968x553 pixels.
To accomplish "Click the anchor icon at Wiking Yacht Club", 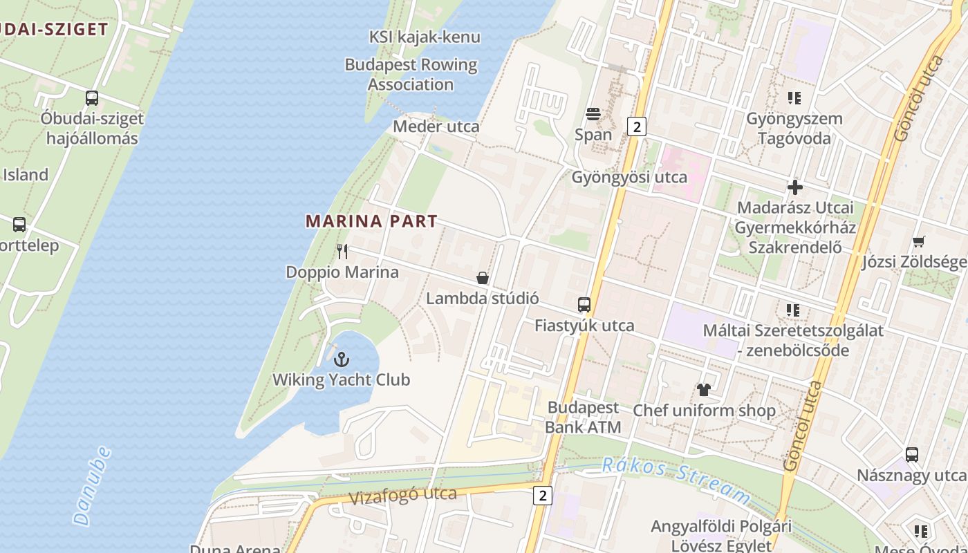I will (341, 359).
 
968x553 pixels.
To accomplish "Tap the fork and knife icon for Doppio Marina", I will (342, 251).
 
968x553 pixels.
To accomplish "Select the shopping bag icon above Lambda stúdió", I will (483, 278).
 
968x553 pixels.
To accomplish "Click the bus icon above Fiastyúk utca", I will (584, 304).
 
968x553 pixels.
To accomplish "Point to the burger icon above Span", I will (593, 113).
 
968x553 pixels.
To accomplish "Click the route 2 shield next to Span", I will (636, 126).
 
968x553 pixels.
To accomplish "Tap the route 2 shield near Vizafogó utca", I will (543, 495).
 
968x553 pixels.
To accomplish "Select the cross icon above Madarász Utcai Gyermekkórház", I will (795, 187).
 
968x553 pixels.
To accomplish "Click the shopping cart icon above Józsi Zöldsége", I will (919, 241).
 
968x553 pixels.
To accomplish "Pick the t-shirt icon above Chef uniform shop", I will (704, 390).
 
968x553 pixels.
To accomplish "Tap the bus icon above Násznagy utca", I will (912, 455).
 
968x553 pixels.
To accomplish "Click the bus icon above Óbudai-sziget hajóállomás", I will (92, 98).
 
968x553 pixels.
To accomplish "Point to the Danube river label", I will (92, 485).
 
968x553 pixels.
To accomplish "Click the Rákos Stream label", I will (676, 479).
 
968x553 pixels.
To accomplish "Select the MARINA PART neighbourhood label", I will (371, 221).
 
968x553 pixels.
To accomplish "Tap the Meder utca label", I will (436, 126).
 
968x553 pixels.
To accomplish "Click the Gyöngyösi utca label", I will (629, 177).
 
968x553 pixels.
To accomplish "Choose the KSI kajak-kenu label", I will (424, 37).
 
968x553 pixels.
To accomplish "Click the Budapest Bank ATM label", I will (583, 417).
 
